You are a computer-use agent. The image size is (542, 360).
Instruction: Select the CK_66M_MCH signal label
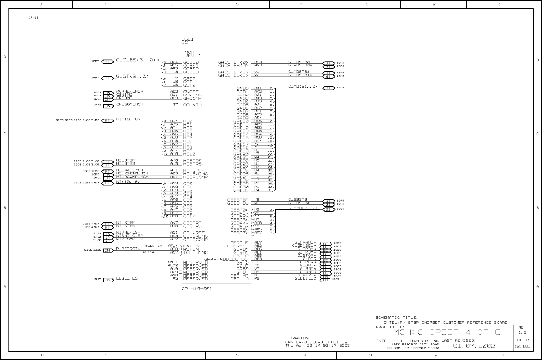tap(130, 104)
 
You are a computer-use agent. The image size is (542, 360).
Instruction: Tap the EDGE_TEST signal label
tap(128, 278)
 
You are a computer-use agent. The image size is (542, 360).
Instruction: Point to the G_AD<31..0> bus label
tap(302, 86)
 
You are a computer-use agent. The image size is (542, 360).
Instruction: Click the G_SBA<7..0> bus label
tap(302, 208)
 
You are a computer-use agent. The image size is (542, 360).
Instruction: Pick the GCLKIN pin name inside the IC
tap(193, 105)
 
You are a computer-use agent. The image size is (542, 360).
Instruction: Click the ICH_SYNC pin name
tap(195, 252)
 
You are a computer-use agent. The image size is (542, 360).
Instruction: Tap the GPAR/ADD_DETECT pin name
tap(226, 259)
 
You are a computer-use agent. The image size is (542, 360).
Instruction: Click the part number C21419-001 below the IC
tap(196, 289)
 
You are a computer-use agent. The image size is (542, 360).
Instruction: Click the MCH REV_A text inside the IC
tap(192, 54)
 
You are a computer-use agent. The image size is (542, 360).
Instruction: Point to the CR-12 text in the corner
tap(33, 17)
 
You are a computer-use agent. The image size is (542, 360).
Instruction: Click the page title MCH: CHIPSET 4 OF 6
tap(447, 332)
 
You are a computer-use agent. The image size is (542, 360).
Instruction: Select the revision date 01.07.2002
tap(474, 345)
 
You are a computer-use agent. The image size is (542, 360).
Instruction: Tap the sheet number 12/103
tap(522, 346)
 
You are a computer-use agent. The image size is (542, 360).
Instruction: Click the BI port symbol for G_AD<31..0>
tap(328, 88)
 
